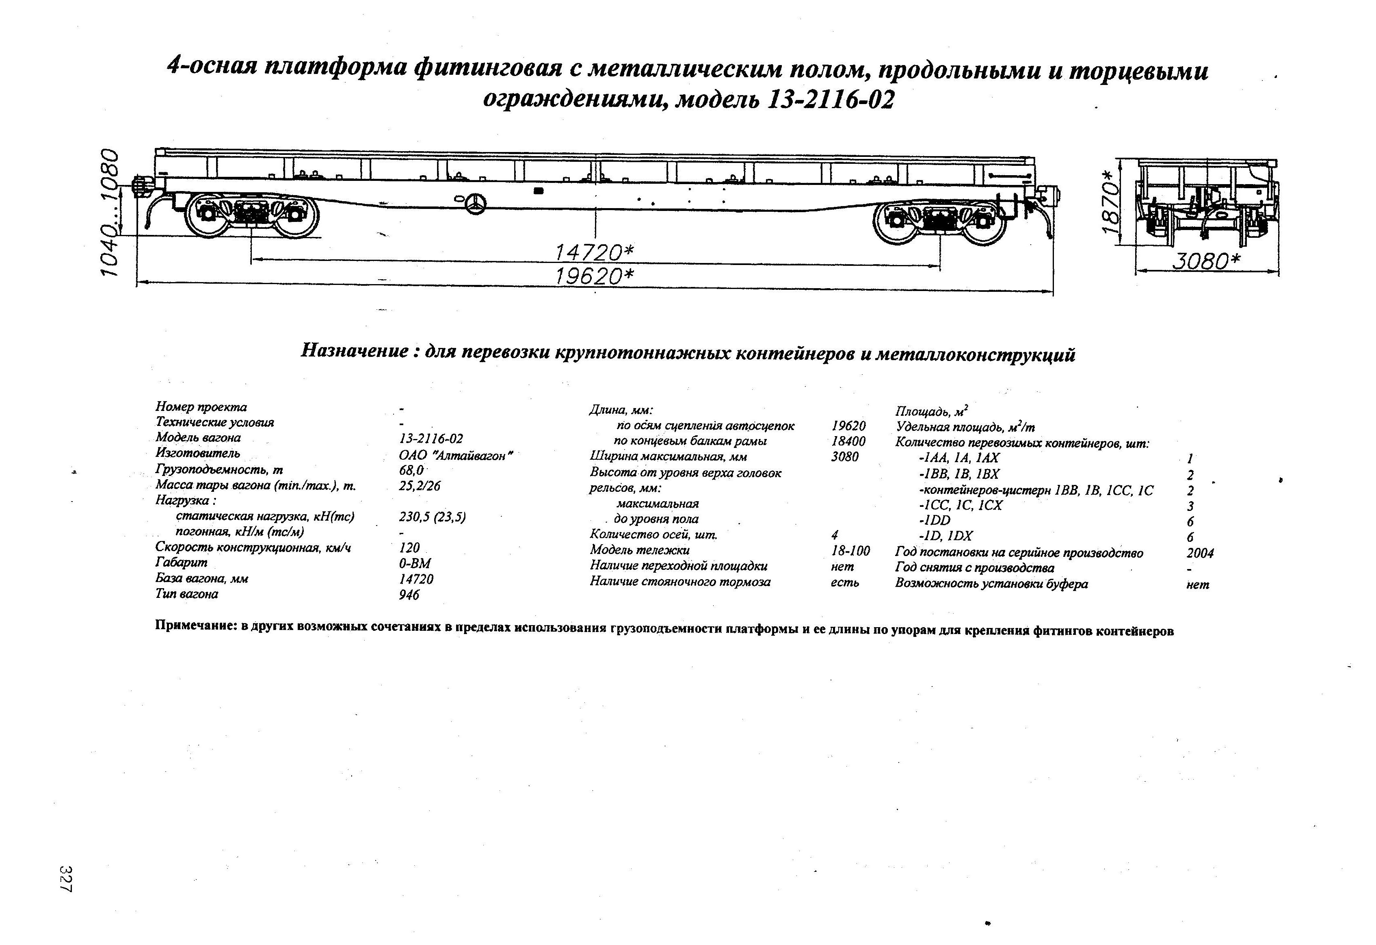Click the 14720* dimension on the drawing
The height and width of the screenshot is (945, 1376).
click(x=594, y=253)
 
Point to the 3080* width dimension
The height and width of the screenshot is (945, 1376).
click(x=1207, y=261)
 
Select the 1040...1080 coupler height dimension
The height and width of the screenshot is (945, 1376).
click(x=111, y=212)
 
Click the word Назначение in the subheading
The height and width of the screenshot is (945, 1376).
click(x=354, y=351)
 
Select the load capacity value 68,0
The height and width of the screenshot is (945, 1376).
click(x=411, y=470)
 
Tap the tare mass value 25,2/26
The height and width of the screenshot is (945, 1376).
click(x=420, y=486)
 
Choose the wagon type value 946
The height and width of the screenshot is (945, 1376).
click(x=409, y=594)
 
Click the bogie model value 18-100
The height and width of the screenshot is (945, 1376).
click(x=850, y=551)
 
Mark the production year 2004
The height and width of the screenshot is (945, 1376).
click(x=1200, y=553)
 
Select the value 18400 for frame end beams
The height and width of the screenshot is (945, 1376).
click(x=848, y=441)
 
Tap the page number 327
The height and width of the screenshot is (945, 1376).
click(x=66, y=879)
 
